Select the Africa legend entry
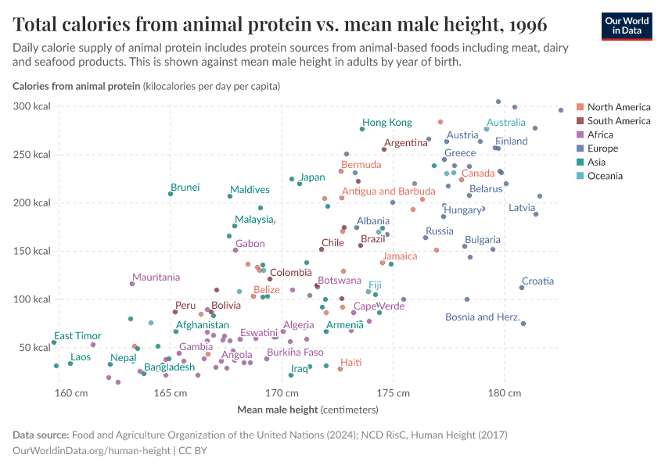click(x=602, y=134)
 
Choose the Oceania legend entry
click(x=605, y=176)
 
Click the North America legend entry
click(x=618, y=107)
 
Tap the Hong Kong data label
click(x=386, y=123)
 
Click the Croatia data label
click(x=537, y=281)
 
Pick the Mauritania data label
click(x=156, y=277)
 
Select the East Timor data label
click(x=77, y=335)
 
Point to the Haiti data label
click(x=350, y=362)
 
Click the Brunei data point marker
click(x=171, y=194)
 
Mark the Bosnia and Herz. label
click(x=482, y=317)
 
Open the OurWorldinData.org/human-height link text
click(x=92, y=451)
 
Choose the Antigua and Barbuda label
click(x=388, y=191)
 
